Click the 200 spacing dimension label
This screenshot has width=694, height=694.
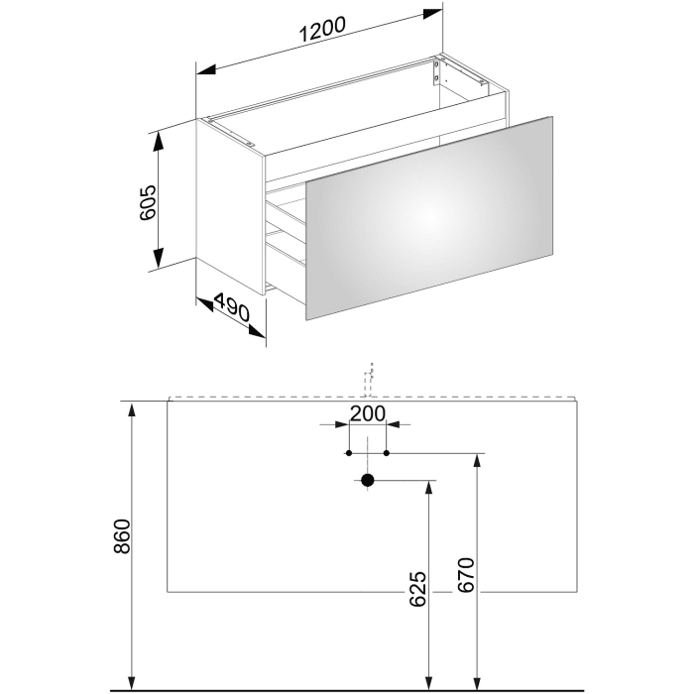(x=368, y=413)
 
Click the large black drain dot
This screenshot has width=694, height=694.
(x=368, y=482)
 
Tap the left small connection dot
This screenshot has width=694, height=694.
(x=348, y=453)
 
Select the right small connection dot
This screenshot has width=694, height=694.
(x=387, y=453)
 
